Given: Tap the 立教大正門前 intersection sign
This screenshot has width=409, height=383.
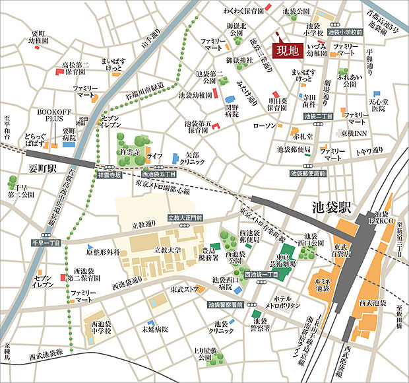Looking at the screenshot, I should click(x=184, y=217).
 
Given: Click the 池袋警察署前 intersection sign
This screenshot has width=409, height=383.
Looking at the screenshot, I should click(x=225, y=304).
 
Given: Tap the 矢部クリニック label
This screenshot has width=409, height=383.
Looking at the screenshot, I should click(x=190, y=157).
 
